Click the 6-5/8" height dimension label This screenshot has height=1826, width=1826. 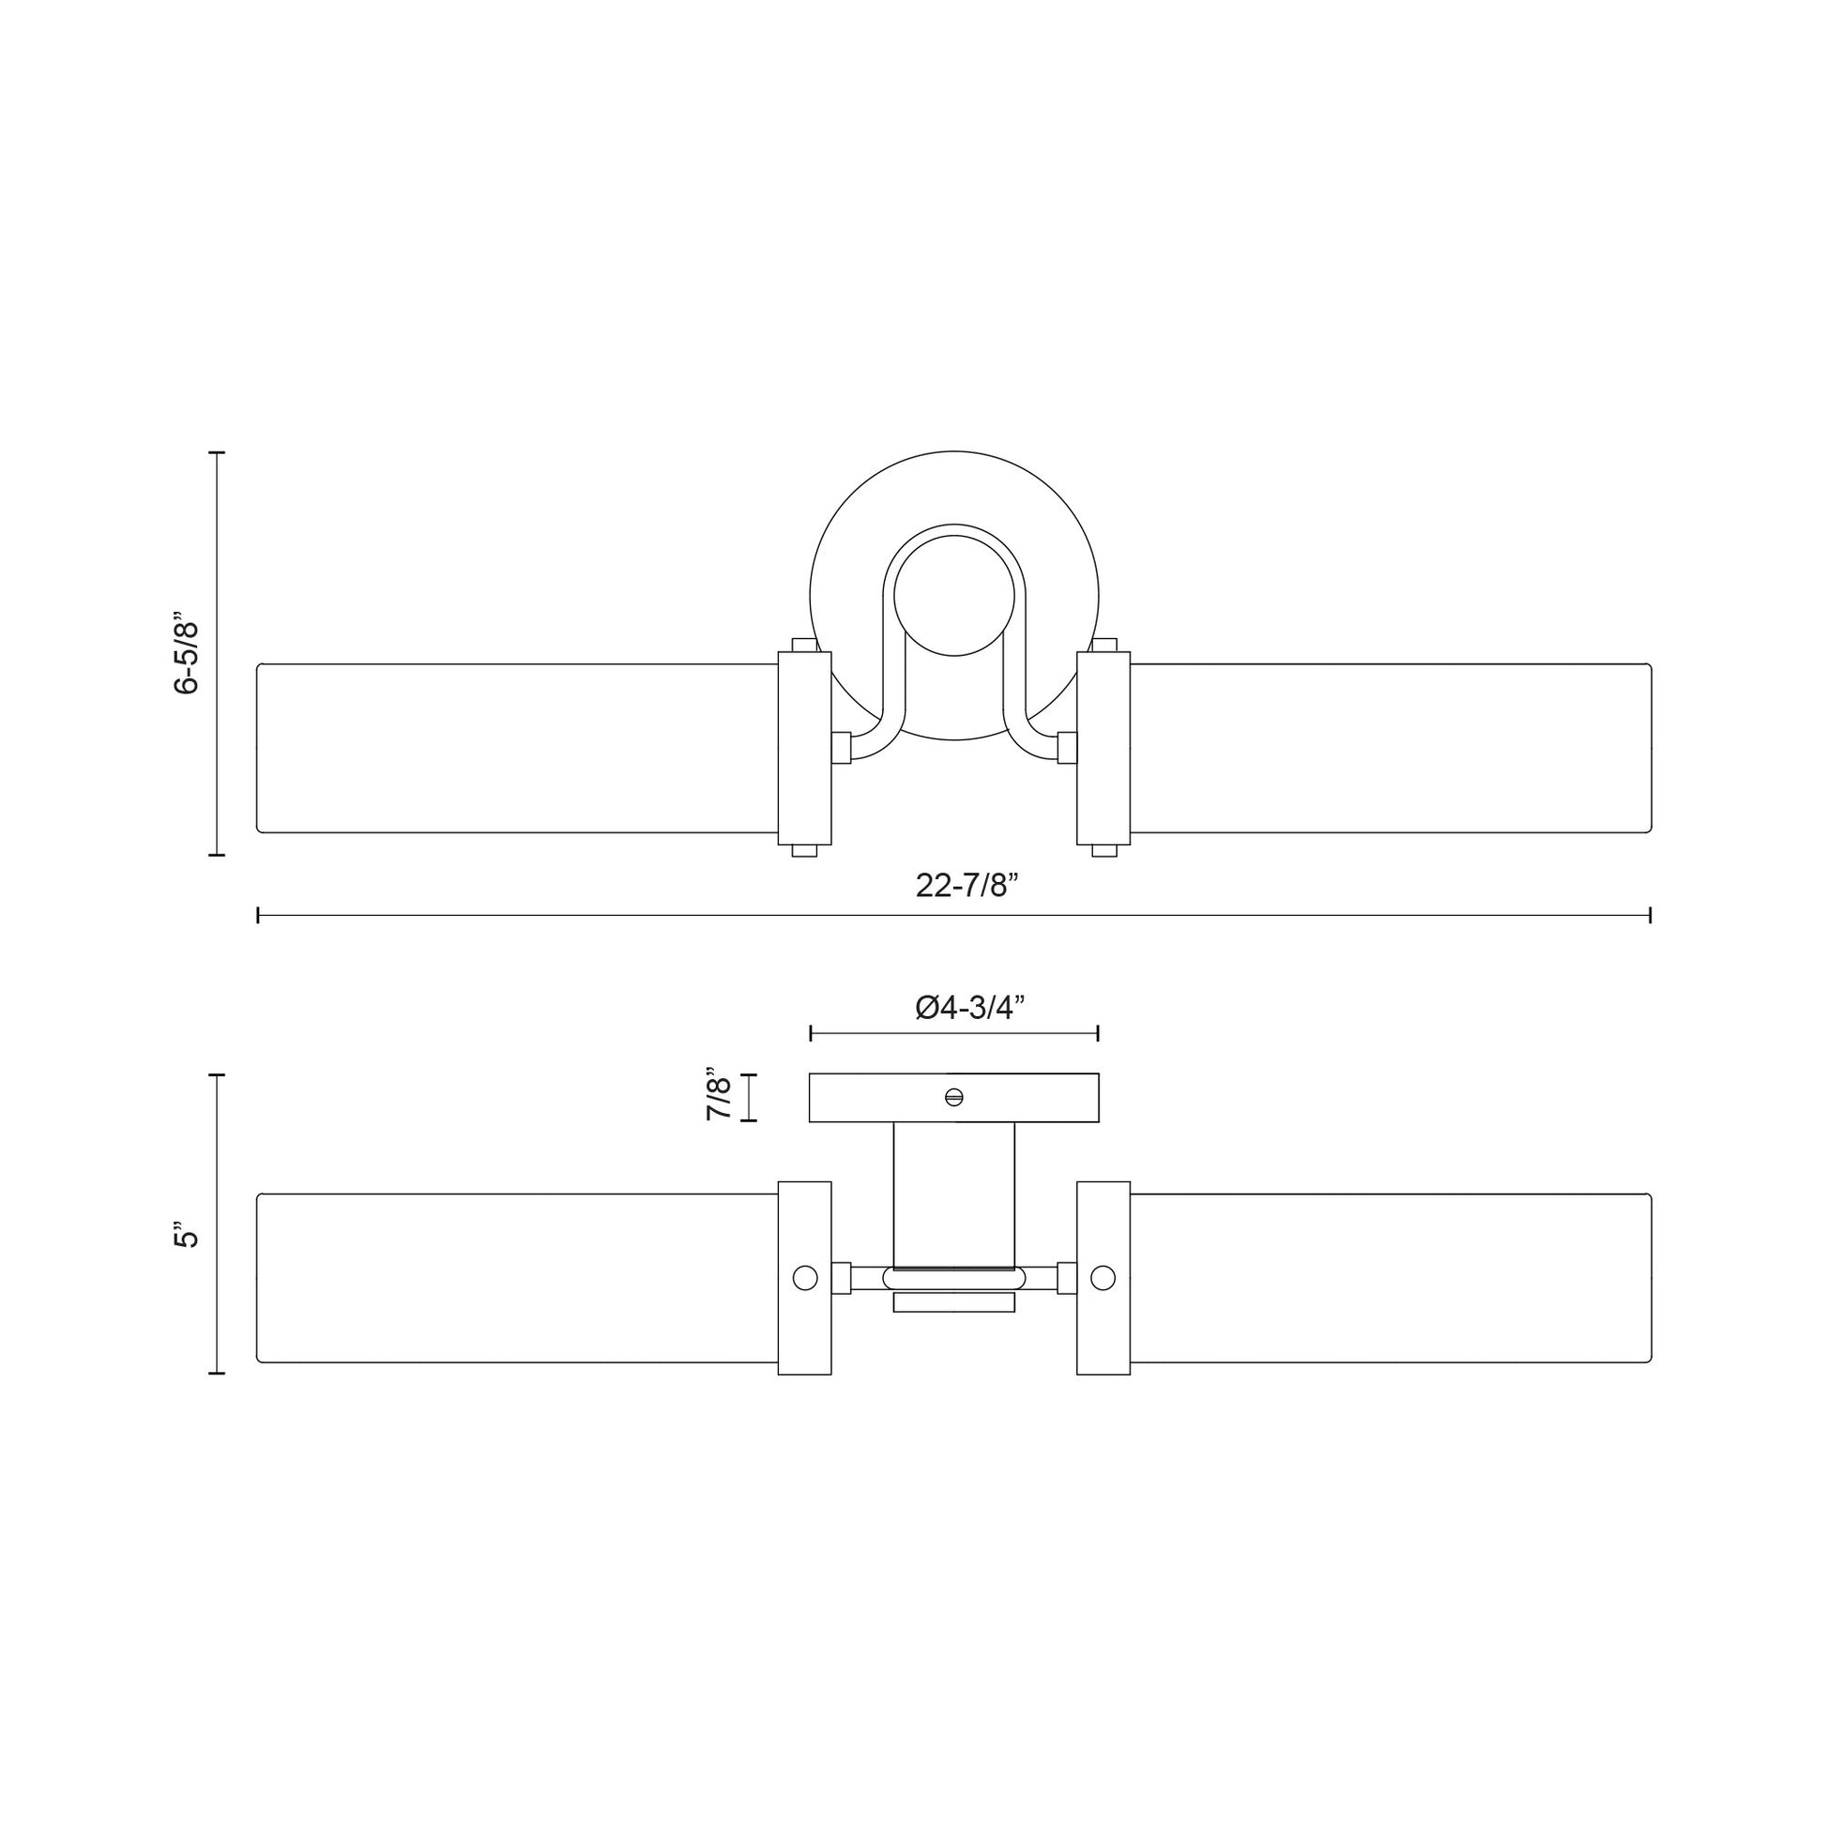click(187, 654)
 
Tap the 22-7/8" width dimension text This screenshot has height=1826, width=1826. click(966, 886)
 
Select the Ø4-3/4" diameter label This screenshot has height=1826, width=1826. click(969, 1009)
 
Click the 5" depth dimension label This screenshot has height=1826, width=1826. click(187, 1238)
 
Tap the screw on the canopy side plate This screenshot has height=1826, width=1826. click(953, 1097)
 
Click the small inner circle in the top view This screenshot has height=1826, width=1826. click(954, 595)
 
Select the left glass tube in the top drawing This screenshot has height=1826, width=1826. click(518, 749)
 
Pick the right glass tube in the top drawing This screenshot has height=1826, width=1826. click(1391, 749)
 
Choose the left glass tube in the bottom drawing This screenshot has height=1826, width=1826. click(518, 1278)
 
